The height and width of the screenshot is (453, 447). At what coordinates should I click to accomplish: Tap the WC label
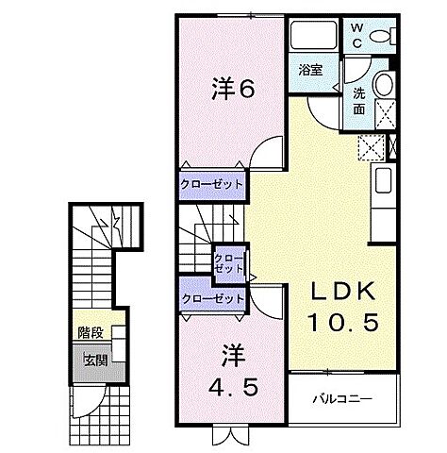[x=357, y=36]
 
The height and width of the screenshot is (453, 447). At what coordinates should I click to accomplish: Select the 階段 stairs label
[x=91, y=332]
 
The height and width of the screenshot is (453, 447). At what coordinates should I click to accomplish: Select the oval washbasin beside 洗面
[x=386, y=84]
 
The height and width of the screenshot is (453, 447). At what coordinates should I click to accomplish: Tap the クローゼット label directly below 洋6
[x=212, y=185]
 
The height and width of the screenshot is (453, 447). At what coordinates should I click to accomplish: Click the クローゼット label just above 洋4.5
[x=212, y=298]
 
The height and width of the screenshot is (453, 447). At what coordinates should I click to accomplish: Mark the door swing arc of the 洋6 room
[x=271, y=149]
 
